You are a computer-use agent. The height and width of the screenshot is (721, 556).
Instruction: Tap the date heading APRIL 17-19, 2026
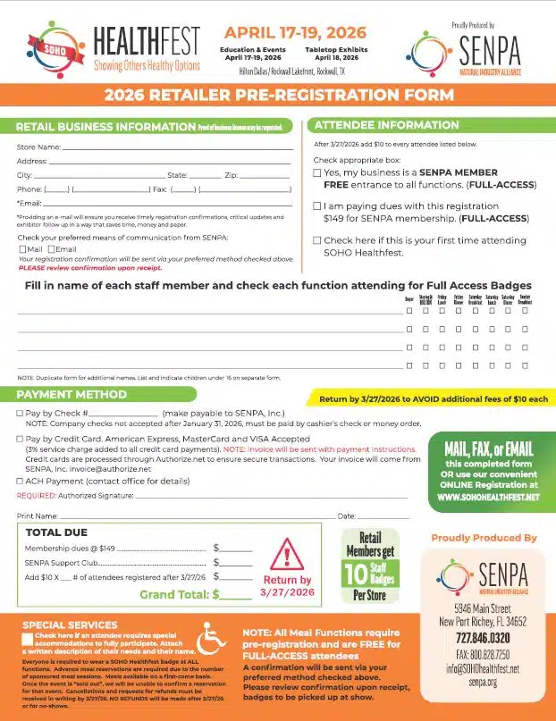[x=282, y=33]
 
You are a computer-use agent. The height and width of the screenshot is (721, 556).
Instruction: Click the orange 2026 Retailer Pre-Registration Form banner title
[x=278, y=96]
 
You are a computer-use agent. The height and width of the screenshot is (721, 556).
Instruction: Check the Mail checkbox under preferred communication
[x=22, y=249]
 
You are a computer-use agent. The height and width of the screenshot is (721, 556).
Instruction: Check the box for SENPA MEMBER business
[x=317, y=172]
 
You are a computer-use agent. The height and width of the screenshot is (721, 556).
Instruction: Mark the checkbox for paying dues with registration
[x=317, y=205]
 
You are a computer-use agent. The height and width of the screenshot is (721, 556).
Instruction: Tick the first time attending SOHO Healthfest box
[x=317, y=240]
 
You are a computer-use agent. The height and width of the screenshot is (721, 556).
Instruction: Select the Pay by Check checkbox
[x=21, y=414]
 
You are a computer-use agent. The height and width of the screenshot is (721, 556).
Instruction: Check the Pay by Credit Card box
[x=21, y=440]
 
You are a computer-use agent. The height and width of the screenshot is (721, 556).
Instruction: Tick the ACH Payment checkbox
[x=21, y=481]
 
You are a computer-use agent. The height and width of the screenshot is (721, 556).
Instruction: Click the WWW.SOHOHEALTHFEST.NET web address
[x=488, y=497]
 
